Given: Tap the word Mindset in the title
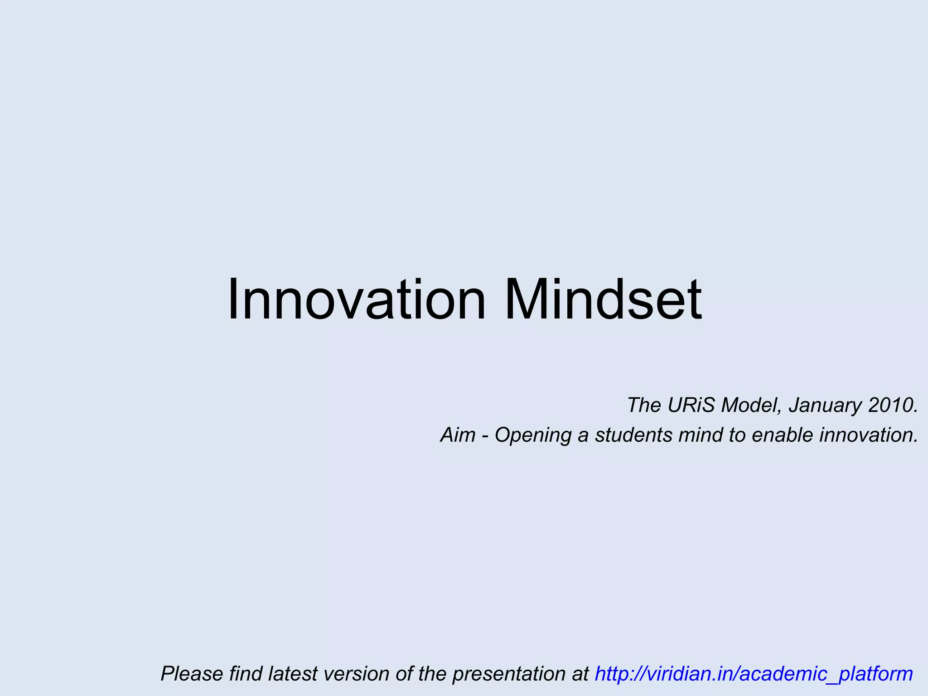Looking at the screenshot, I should point(603,300).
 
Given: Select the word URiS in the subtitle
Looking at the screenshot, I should point(691,405).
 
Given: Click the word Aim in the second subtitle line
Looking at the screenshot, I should point(458,435).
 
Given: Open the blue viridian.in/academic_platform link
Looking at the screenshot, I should point(754,674).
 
